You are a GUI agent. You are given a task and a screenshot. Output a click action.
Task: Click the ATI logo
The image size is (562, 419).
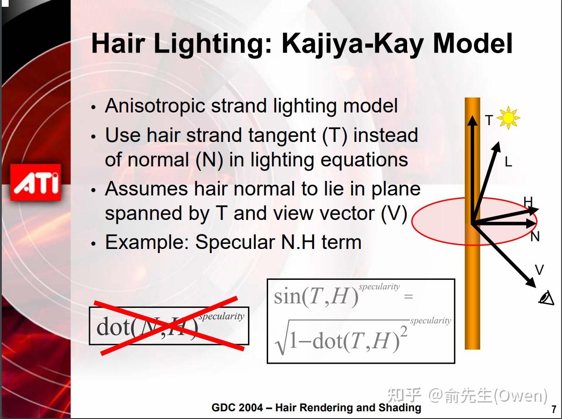[35, 182]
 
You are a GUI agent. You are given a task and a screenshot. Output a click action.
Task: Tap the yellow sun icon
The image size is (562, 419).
[508, 118]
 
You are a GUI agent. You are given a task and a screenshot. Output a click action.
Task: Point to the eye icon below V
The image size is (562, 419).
[547, 298]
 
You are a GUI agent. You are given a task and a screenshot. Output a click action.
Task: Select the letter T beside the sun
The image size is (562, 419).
[489, 120]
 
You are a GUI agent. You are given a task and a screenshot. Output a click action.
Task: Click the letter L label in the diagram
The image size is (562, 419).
[508, 162]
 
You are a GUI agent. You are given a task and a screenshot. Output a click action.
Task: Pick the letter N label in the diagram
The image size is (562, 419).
[535, 236]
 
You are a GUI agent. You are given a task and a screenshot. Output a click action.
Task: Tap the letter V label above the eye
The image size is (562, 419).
[539, 269]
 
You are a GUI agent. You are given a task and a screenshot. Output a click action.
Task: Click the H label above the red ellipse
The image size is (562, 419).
[528, 202]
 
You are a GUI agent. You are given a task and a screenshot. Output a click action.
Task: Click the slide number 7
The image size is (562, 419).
[554, 409]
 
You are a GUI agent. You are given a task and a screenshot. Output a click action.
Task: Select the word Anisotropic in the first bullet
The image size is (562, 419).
[155, 106]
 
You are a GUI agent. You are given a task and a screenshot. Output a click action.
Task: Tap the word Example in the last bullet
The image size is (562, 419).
[147, 242]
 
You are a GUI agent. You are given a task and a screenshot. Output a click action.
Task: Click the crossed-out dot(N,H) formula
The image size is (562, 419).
[169, 326]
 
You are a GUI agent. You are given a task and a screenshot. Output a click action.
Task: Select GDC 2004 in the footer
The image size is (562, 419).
[237, 408]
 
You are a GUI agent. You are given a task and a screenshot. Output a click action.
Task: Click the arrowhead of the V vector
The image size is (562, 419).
[531, 283]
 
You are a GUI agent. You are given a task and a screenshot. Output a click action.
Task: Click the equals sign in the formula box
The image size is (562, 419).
[408, 297]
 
